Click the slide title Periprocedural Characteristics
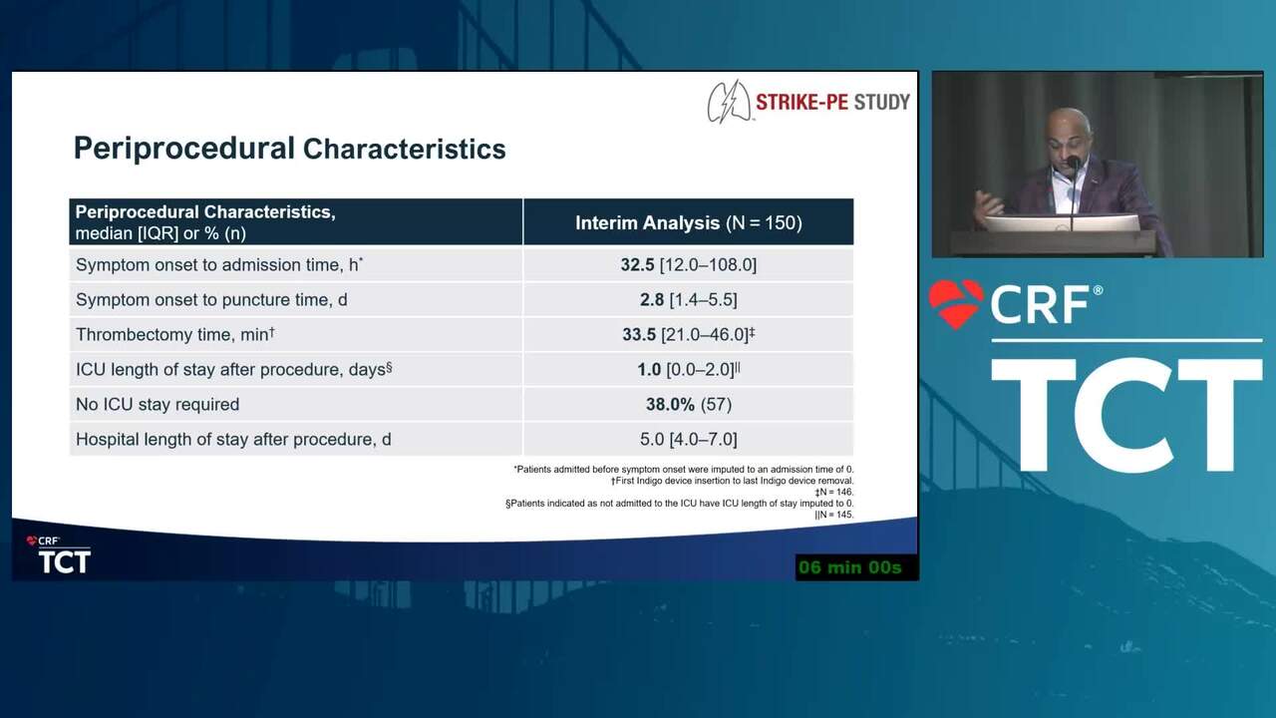[x=289, y=149]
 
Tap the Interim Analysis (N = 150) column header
[x=688, y=222]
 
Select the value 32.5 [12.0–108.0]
[x=688, y=265]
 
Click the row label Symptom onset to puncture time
[x=211, y=300]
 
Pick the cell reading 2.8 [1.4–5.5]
[x=688, y=300]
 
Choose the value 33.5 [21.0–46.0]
[x=688, y=334]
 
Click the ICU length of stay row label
[x=233, y=369]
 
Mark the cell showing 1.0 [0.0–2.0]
[x=688, y=369]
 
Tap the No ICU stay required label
[x=158, y=405]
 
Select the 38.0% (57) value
[x=688, y=405]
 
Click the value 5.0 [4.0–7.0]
[x=688, y=440]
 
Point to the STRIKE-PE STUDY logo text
[x=832, y=103]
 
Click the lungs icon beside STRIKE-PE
[x=730, y=102]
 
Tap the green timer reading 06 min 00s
[x=850, y=567]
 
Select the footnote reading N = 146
[x=834, y=492]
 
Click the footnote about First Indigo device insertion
[x=732, y=481]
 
